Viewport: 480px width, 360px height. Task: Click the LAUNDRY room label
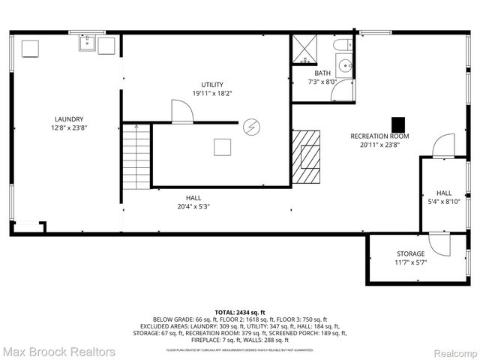68,118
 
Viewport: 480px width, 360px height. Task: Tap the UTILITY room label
212,84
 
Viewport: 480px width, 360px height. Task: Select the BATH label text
322,73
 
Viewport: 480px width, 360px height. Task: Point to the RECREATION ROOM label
379,136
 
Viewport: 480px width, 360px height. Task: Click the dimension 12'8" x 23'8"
68,127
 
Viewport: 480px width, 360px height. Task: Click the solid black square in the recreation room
398,122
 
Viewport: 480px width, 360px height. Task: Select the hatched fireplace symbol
306,157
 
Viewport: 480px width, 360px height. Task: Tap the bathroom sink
344,66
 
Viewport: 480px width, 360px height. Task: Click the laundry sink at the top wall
86,43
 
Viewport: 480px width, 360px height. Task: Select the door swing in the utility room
183,112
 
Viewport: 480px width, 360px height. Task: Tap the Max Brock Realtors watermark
58,351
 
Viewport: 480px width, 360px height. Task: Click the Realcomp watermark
453,352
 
